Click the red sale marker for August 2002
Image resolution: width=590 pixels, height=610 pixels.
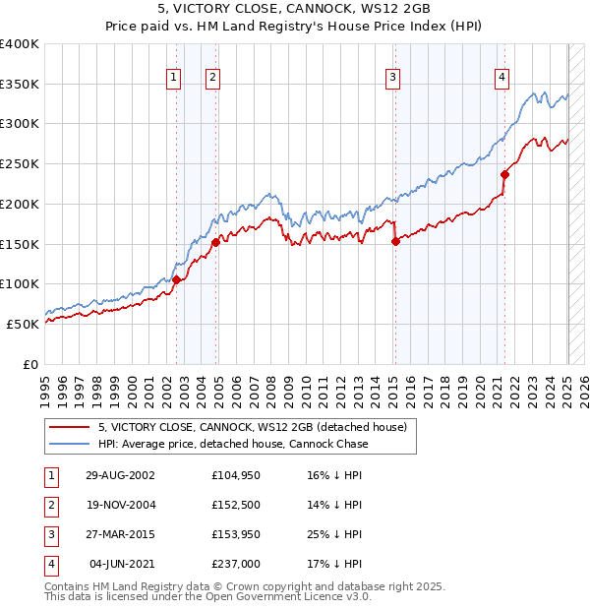pyautogui.click(x=177, y=279)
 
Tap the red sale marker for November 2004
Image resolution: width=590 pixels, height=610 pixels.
pyautogui.click(x=215, y=242)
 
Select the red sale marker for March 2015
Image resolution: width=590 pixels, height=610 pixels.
pyautogui.click(x=394, y=241)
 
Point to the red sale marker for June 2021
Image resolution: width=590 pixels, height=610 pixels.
pyautogui.click(x=504, y=174)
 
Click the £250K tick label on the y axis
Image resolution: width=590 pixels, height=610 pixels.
pyautogui.click(x=20, y=163)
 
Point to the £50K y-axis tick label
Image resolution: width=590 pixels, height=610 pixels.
pyautogui.click(x=23, y=323)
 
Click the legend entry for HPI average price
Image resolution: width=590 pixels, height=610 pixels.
pyautogui.click(x=232, y=444)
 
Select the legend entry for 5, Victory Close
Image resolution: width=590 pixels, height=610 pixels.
pyautogui.click(x=259, y=426)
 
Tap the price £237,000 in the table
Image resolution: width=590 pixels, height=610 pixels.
pyautogui.click(x=236, y=564)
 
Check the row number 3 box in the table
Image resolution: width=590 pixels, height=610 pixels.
pyautogui.click(x=51, y=534)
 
